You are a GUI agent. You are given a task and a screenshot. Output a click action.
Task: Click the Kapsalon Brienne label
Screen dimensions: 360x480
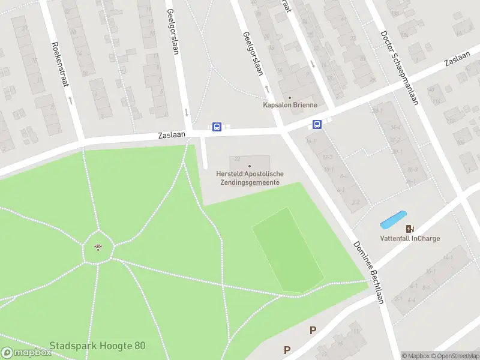tap(290, 105)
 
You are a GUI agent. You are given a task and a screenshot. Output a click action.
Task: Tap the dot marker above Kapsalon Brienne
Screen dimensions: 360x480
tap(290, 97)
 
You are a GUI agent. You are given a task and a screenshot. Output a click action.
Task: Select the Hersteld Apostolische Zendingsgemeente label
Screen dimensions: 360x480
tap(250, 178)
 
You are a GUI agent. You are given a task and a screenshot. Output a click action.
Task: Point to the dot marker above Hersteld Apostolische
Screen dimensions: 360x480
tap(250, 166)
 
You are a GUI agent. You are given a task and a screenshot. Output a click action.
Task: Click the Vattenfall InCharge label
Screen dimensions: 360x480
tap(410, 238)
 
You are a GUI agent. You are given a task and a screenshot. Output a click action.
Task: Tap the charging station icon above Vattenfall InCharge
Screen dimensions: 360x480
tap(410, 229)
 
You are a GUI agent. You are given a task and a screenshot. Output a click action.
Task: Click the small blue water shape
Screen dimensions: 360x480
tap(394, 220)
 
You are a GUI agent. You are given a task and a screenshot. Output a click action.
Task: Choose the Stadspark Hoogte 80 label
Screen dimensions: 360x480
tap(97, 346)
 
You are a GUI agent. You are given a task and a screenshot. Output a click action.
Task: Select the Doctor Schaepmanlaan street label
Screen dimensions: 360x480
tap(398, 67)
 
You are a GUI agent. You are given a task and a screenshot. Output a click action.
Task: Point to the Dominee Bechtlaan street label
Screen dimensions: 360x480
tap(368, 272)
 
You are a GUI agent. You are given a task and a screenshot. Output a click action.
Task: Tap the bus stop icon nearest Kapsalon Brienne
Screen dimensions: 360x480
tap(316, 125)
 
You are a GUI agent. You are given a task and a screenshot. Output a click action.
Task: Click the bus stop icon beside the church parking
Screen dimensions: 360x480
tap(217, 127)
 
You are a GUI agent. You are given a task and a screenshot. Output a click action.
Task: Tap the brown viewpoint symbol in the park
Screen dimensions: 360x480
tap(98, 247)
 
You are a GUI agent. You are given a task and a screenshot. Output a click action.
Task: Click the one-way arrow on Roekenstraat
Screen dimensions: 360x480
tap(70, 99)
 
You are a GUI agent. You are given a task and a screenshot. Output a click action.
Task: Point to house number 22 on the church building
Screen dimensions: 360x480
tap(238, 159)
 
